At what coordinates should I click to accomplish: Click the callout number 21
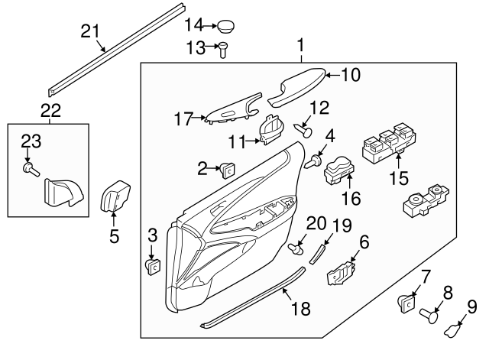[x=90, y=31]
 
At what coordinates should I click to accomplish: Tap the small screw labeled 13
[x=223, y=50]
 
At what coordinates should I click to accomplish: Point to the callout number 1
[x=301, y=46]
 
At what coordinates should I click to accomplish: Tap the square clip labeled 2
[x=227, y=170]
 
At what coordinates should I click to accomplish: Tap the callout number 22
[x=50, y=110]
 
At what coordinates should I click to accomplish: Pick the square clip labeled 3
[x=152, y=266]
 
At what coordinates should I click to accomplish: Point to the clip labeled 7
[x=405, y=303]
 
